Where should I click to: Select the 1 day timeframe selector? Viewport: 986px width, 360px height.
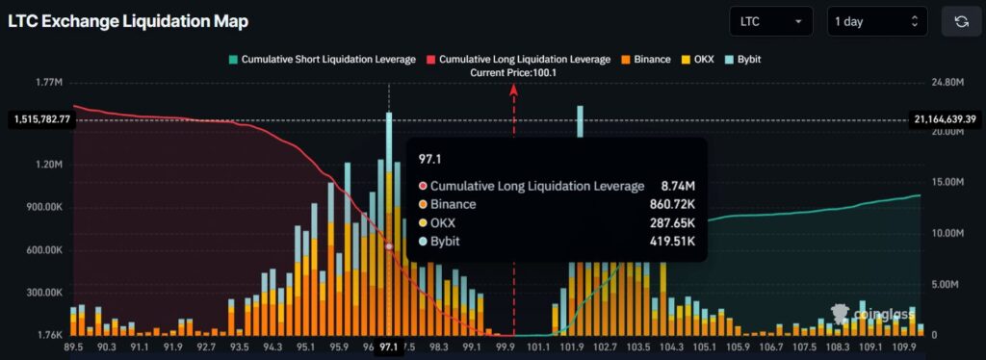coord(877,21)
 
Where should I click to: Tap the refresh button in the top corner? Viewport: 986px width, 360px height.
coord(961,21)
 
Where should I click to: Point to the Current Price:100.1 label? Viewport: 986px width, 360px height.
coord(514,73)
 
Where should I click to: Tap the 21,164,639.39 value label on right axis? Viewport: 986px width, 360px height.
coord(947,119)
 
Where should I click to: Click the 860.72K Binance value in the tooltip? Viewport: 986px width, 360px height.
coord(672,204)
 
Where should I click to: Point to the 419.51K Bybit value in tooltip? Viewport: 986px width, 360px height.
coord(672,241)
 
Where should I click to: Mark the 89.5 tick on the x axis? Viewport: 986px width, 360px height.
coord(75,347)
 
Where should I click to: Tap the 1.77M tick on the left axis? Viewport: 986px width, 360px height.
coord(48,83)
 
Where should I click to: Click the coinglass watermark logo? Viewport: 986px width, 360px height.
coord(865,313)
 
